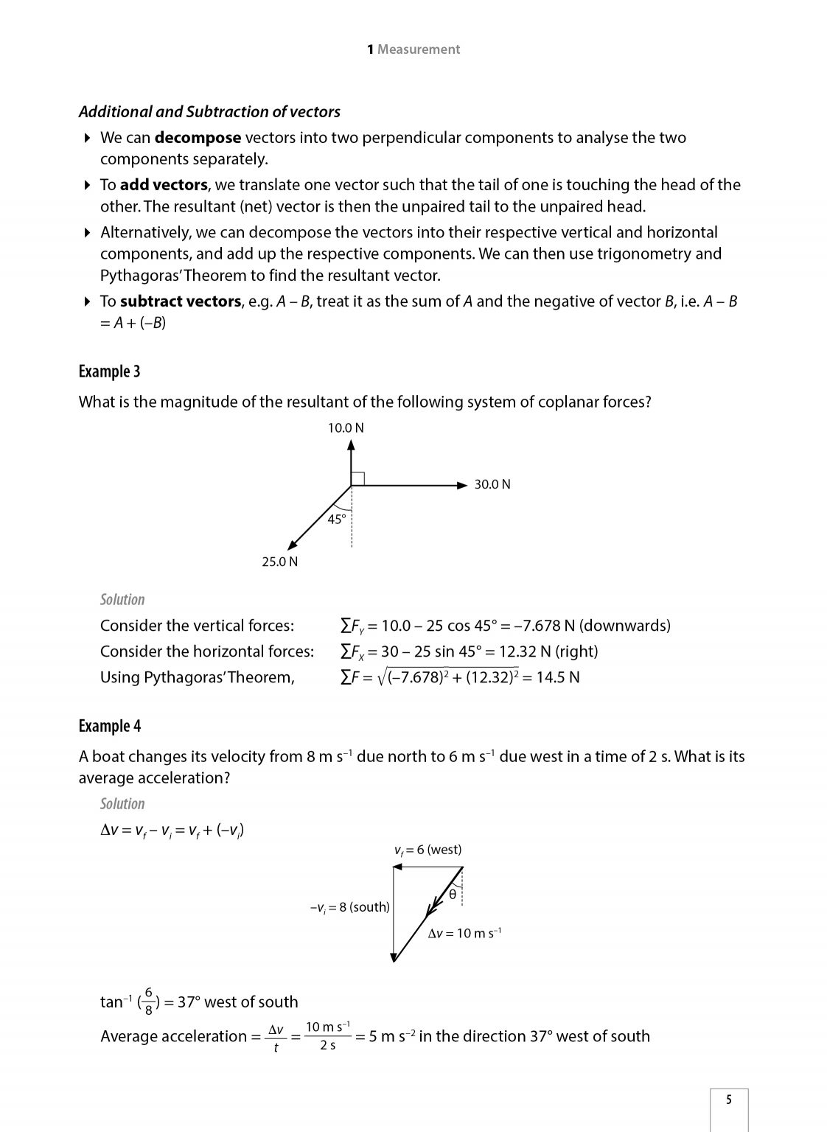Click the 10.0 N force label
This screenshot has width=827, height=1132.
tap(346, 428)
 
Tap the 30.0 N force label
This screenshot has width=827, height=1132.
tap(492, 484)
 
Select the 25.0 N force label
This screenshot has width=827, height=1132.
tap(280, 562)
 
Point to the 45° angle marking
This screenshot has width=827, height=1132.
tap(337, 519)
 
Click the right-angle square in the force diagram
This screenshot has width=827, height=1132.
tap(357, 478)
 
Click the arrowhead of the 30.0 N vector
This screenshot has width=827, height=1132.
tap(462, 485)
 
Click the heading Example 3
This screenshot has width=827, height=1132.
tap(109, 371)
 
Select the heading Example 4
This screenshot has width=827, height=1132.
tap(109, 726)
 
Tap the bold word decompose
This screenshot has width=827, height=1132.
tap(198, 138)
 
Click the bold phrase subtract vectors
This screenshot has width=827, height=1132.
tap(180, 301)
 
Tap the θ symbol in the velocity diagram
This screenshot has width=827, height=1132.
tap(453, 894)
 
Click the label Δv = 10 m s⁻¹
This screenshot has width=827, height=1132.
tap(464, 933)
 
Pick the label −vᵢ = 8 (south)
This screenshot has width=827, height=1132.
tap(349, 907)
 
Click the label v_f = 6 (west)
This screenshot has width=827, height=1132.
tap(428, 850)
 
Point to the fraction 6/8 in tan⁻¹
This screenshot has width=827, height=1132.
tap(148, 1001)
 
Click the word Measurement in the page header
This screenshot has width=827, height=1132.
tap(418, 49)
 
